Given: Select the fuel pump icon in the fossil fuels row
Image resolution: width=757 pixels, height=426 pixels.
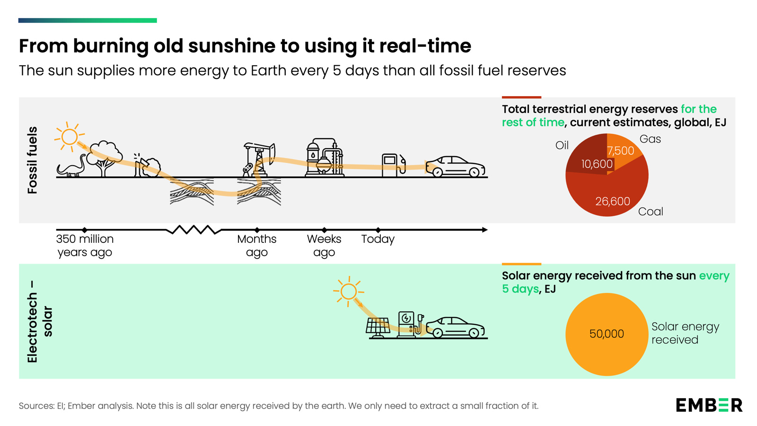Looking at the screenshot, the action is point(393,165).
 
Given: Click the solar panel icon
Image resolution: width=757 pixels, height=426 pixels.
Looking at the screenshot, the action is point(378,327).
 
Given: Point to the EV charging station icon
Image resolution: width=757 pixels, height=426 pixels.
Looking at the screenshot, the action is point(407,324).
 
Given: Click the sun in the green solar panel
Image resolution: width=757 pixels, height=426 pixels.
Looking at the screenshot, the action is point(349,291).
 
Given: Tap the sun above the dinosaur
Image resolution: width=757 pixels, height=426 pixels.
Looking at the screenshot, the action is point(69,136).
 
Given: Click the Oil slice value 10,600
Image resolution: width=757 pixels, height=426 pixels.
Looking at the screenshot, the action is point(597,164).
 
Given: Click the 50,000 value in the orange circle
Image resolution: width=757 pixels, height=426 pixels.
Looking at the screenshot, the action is point(607,334).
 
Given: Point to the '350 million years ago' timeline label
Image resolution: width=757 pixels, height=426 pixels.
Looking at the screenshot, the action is point(85,245).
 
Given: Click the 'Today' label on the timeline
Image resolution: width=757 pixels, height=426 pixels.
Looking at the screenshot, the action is point(378,239).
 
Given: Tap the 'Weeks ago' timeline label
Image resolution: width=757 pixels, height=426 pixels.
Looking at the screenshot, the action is point(324,245).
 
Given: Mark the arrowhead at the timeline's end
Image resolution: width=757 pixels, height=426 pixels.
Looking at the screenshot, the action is point(484,230).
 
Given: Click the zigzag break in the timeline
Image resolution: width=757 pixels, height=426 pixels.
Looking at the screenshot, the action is point(194,230).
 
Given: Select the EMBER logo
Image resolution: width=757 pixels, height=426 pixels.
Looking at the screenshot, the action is point(709,405).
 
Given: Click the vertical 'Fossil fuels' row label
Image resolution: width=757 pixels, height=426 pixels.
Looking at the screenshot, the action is point(32,160).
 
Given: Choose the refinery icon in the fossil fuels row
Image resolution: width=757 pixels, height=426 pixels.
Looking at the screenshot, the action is point(325,158).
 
